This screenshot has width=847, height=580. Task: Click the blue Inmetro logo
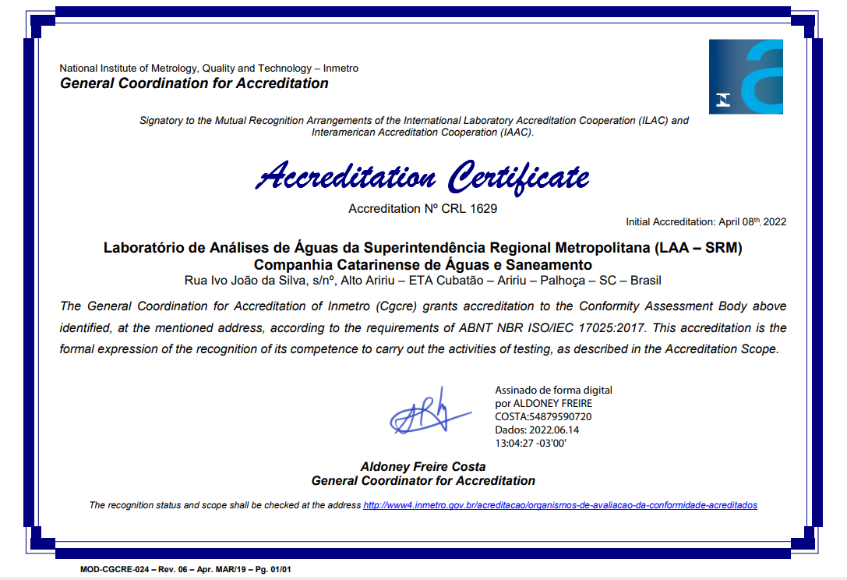[x=746, y=76]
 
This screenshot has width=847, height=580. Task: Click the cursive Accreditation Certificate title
[x=423, y=176]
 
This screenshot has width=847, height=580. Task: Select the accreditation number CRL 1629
[x=469, y=209]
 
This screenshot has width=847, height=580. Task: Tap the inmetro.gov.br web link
[x=560, y=505]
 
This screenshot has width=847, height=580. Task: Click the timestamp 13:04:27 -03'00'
[x=531, y=443]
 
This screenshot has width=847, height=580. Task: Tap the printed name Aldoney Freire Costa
[x=423, y=467]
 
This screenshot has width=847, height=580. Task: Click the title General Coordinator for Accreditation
[x=423, y=480]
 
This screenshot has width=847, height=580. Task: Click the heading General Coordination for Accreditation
[x=194, y=83]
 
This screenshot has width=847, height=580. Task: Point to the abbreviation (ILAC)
[x=652, y=121]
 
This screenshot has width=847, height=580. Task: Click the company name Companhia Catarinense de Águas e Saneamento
[x=423, y=265]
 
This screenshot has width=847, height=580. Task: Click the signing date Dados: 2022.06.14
[x=537, y=430]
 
